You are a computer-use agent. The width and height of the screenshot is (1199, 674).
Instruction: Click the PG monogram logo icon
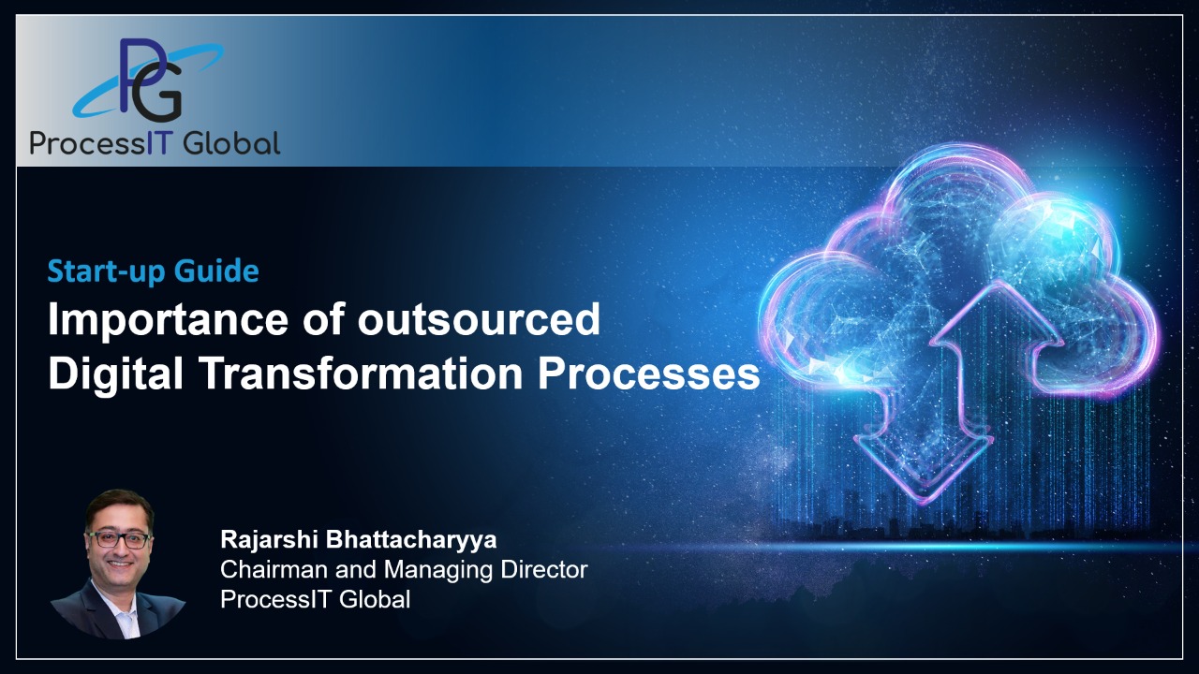[x=151, y=82]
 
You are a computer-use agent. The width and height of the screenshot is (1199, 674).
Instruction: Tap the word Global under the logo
[x=231, y=142]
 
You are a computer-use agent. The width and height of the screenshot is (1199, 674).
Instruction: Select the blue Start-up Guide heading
[x=153, y=271]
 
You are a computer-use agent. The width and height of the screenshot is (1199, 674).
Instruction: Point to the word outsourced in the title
[x=479, y=320]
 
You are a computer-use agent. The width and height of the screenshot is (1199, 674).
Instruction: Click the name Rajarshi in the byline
[x=264, y=540]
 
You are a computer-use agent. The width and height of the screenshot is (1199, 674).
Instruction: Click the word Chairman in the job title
[x=272, y=569]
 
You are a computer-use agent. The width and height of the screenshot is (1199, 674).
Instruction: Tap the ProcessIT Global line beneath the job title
[x=315, y=599]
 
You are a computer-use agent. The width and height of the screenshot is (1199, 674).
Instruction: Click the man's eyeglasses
[x=119, y=540]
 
